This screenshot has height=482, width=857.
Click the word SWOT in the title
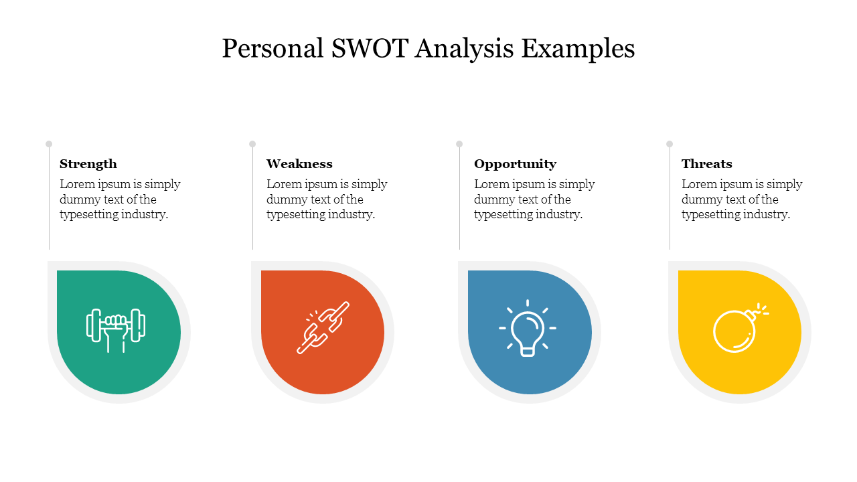click(x=368, y=49)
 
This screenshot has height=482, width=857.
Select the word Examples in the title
click(x=578, y=49)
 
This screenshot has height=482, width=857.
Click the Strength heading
click(x=88, y=164)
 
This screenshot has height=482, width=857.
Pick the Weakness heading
click(x=299, y=164)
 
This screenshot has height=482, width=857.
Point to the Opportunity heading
click(x=515, y=164)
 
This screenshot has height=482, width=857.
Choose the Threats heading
click(x=706, y=164)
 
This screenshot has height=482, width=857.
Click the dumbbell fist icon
click(x=116, y=329)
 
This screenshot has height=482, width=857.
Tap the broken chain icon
click(x=323, y=327)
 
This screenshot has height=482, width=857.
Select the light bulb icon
click(x=528, y=329)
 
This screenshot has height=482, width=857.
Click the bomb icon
click(x=736, y=330)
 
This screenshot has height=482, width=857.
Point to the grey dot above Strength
click(x=49, y=144)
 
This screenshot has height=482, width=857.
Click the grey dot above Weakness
click(x=252, y=144)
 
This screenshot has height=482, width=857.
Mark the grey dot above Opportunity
click(x=459, y=144)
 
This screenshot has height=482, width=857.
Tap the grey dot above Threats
click(x=670, y=144)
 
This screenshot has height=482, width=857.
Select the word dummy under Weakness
click(x=285, y=199)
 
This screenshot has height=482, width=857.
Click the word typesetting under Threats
click(x=713, y=215)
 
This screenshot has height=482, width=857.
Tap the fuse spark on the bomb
click(x=762, y=310)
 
